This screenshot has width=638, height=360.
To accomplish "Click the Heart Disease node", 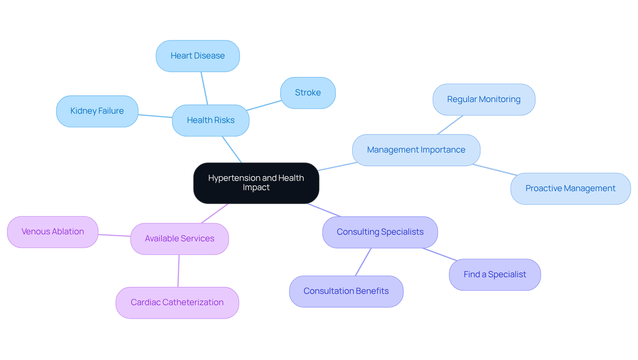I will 198,56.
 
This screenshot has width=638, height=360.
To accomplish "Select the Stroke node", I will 308,93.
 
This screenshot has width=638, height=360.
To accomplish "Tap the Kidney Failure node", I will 97,111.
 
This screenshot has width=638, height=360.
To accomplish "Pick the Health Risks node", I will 211,120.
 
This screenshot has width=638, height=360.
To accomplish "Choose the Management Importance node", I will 416,150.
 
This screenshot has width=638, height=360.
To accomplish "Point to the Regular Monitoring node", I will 484,99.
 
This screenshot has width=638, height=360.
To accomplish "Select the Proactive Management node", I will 570,188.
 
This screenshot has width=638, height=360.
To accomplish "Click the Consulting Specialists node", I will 380,232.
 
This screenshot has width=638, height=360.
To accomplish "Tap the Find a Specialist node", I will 495,275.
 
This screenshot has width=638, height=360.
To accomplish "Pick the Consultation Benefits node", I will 346,291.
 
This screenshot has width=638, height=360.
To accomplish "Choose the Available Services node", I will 179,239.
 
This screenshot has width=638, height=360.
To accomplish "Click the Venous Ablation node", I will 53,232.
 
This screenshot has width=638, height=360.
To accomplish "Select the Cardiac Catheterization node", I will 177,302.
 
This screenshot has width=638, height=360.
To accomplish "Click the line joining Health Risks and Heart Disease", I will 204,88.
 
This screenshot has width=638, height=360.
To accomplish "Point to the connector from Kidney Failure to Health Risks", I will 155,116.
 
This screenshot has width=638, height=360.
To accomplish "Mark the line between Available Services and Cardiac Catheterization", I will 178,271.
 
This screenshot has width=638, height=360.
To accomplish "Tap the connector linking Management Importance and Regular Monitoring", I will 450,125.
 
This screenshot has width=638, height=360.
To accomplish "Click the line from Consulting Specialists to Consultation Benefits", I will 363,262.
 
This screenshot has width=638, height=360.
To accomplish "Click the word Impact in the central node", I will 256,187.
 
